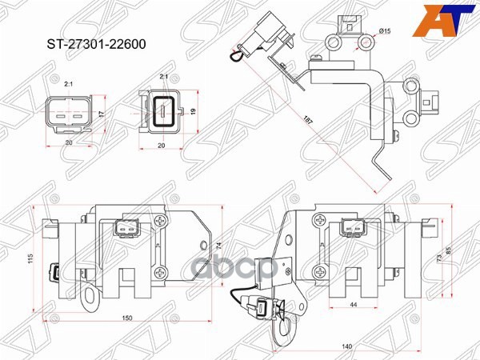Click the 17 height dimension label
pyautogui.click(x=102, y=114)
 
